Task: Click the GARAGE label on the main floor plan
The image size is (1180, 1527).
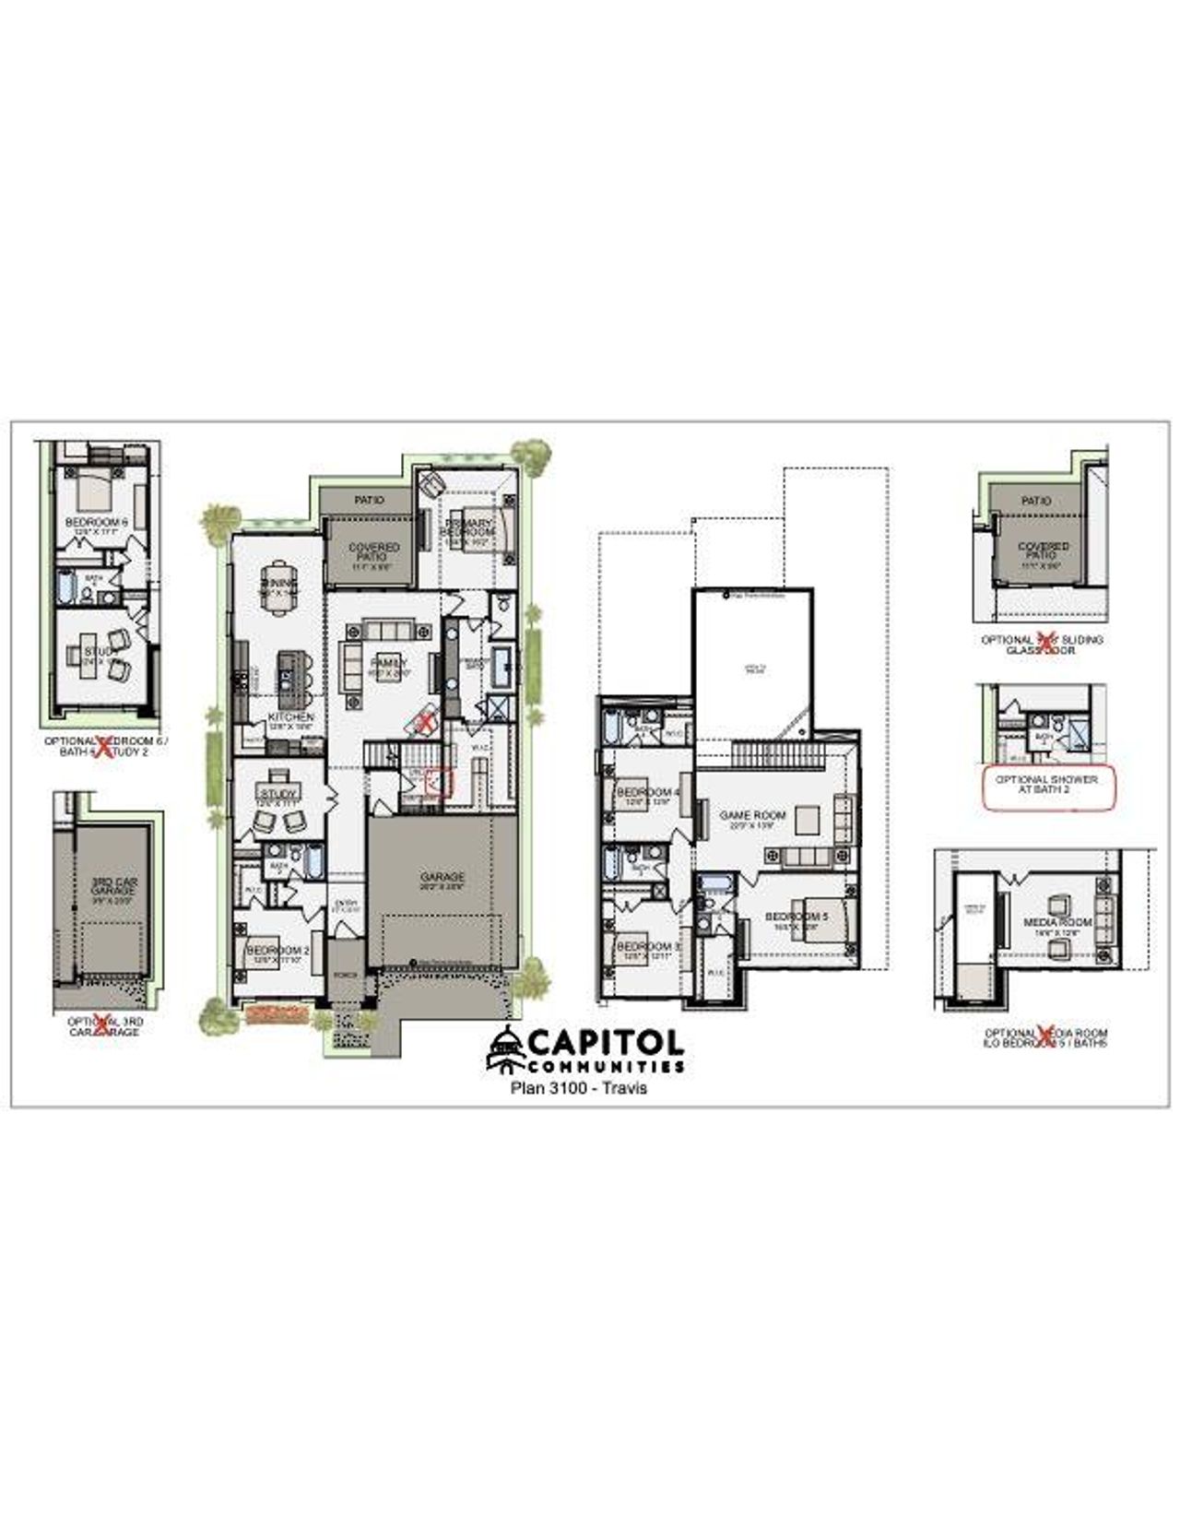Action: tap(442, 877)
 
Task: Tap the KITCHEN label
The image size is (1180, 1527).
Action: tap(291, 716)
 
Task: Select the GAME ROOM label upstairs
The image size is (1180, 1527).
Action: tap(752, 815)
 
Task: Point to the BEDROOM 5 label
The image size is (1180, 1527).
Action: tap(797, 917)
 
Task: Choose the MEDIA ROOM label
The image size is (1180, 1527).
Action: tap(1057, 922)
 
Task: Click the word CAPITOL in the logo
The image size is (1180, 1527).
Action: tap(606, 1043)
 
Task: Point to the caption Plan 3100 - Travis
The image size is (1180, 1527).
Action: tap(579, 1088)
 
